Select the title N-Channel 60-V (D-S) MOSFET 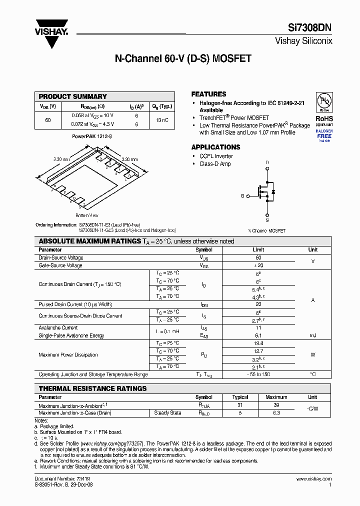tap(182, 58)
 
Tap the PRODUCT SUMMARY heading tap(72, 96)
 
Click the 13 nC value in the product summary tap(162, 120)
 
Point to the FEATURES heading tap(208, 94)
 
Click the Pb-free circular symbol tap(324, 100)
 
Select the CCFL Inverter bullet tap(216, 156)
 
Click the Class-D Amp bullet tap(215, 164)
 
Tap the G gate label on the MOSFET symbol tap(242, 196)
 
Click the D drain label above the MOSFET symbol tap(267, 163)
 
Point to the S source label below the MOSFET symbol tap(267, 219)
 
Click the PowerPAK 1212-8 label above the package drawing tap(91, 135)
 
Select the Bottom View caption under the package tap(86, 214)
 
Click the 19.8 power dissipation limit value tap(258, 343)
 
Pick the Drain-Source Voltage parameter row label tap(61, 258)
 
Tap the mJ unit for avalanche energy tap(312, 335)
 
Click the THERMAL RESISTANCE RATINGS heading tap(92, 388)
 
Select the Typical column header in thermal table tap(240, 397)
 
